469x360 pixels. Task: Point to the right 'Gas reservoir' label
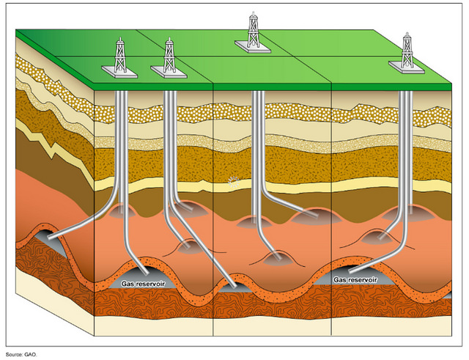point(355,280)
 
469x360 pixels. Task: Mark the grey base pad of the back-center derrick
point(254,45)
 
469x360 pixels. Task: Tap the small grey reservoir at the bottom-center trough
point(233,288)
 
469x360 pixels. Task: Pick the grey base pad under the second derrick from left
point(169,70)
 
